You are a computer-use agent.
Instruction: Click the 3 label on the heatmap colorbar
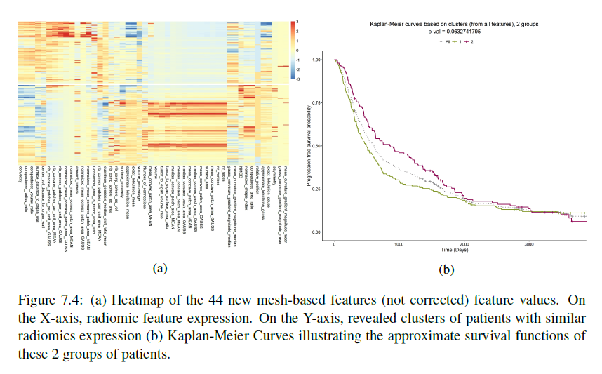[298, 22]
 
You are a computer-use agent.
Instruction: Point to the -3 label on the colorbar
[297, 81]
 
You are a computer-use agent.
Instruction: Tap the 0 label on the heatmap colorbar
[298, 51]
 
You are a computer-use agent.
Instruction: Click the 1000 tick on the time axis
[400, 245]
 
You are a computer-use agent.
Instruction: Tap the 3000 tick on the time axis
[530, 245]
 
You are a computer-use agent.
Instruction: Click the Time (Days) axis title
[455, 251]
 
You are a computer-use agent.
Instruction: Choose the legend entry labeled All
[441, 41]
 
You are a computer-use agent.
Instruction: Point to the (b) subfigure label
[446, 269]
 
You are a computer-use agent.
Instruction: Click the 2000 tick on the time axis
[464, 245]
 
